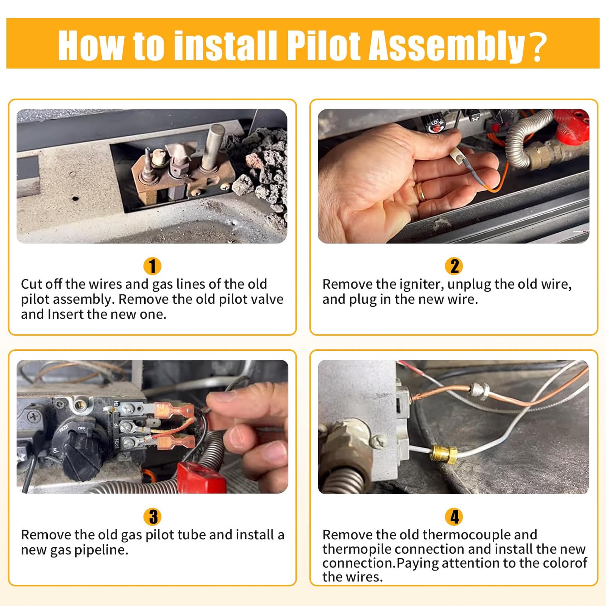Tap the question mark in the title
pos(538,46)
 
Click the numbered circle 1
pos(153,266)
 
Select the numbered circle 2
pos(454,266)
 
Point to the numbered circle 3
pos(153,517)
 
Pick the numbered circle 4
pos(454,517)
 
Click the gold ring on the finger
pos(421,192)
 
